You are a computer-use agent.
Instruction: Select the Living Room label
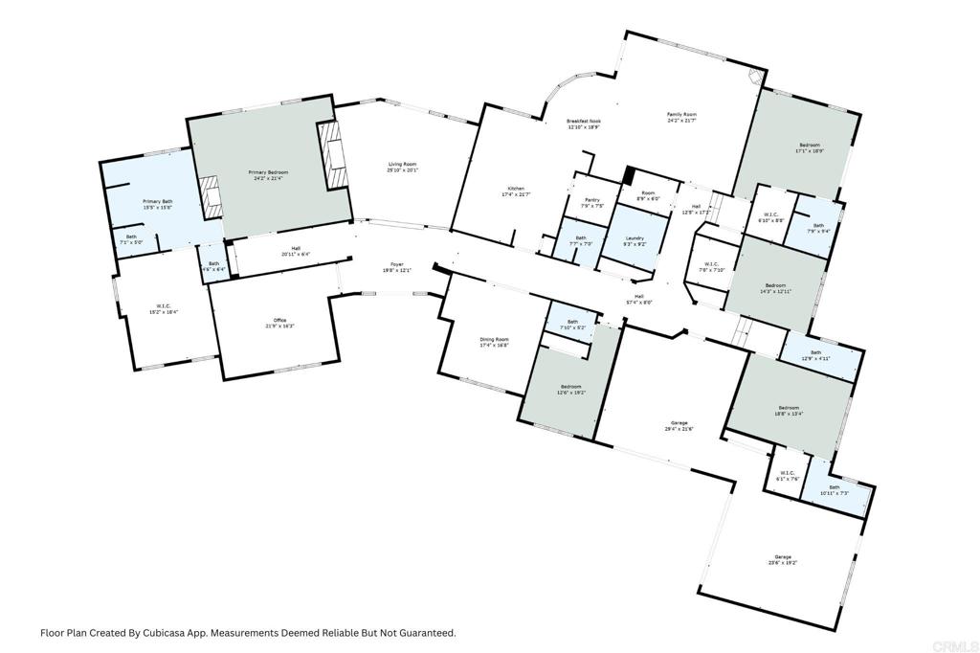402,167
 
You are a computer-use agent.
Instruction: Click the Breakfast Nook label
583,124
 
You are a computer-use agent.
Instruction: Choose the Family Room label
681,117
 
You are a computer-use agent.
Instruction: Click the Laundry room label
634,240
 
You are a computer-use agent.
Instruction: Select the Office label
279,323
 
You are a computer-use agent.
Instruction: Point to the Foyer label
396,267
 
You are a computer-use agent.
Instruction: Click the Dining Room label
494,342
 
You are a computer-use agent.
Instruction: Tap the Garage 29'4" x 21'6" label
679,425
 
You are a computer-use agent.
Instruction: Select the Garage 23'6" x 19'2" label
784,559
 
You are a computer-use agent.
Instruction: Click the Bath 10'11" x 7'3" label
835,489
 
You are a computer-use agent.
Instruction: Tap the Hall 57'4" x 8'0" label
638,299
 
